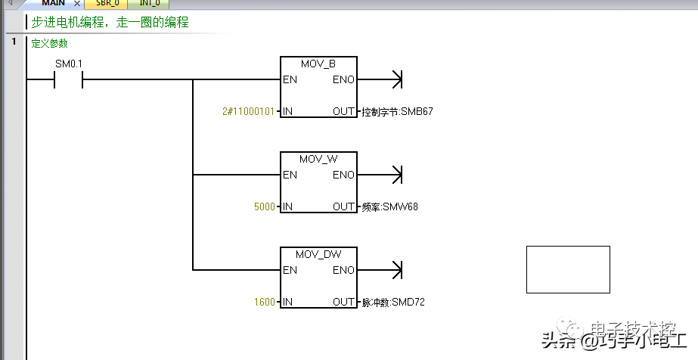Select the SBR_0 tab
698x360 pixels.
pos(107,4)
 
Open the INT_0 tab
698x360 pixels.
pos(149,4)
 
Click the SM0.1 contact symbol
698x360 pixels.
pos(68,79)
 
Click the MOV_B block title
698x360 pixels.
pos(318,64)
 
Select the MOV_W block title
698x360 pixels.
pos(318,159)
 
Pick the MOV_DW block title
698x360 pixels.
pos(318,254)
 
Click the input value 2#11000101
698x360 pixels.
pos(249,112)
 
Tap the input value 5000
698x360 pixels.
pos(265,206)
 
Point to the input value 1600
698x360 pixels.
pos(265,302)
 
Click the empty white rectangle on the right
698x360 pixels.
pos(568,269)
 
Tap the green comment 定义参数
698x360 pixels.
pos(49,44)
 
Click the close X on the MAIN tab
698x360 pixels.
pos(76,5)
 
